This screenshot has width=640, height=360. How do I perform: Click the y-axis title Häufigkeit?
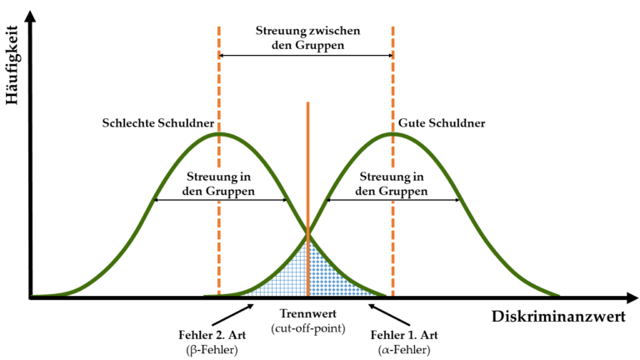(12, 65)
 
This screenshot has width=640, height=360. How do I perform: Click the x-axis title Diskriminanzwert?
(558, 317)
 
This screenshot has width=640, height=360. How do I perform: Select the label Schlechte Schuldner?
(158, 122)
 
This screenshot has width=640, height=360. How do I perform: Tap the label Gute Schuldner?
(442, 122)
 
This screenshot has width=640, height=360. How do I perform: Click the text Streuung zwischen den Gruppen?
(308, 37)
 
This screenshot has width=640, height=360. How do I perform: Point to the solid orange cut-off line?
(307, 198)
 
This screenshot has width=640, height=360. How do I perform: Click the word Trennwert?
(308, 313)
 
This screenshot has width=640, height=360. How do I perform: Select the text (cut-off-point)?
(308, 328)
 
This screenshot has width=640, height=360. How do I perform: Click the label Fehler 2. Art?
(212, 335)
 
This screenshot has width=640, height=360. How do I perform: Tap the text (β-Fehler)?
(212, 350)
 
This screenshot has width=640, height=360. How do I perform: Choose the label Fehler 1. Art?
(404, 335)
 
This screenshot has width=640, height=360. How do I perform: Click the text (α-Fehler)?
(404, 350)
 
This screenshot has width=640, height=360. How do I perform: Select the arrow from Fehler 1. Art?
(389, 314)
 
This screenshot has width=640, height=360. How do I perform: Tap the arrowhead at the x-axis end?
(632, 298)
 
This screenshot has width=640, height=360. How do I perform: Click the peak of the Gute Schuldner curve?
(392, 133)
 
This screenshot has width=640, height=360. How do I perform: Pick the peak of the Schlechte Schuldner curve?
(219, 133)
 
